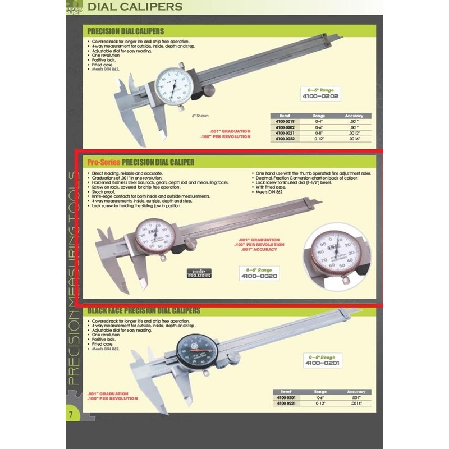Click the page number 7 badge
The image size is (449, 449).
(x=71, y=415)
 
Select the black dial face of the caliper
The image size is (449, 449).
(x=195, y=351)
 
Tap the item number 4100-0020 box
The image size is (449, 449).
(x=259, y=276)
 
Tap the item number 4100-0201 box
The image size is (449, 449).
(x=322, y=363)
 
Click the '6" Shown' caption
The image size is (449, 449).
(x=199, y=116)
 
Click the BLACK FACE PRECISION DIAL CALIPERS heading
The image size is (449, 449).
(x=143, y=310)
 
